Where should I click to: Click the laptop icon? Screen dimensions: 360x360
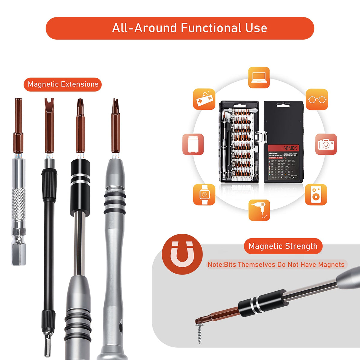click(x=259, y=77)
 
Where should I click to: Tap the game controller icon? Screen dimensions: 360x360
click(x=204, y=99)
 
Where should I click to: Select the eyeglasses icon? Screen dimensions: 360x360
click(x=317, y=99)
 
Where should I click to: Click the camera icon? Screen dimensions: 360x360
click(x=326, y=144)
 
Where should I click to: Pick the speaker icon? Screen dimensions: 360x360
click(x=316, y=195)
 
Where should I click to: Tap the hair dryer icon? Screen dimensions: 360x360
click(x=259, y=210)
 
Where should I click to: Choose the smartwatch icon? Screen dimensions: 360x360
click(x=204, y=195)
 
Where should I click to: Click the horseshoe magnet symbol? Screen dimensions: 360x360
click(x=182, y=254)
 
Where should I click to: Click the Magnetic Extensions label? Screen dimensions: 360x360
click(x=63, y=84)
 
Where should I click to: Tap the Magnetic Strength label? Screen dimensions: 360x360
click(x=283, y=246)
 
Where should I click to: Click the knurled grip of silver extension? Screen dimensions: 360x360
click(x=19, y=204)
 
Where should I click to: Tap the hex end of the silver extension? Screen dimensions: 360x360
click(x=19, y=253)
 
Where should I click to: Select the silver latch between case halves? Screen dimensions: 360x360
click(x=261, y=138)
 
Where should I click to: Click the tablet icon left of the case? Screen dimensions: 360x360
click(x=193, y=144)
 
